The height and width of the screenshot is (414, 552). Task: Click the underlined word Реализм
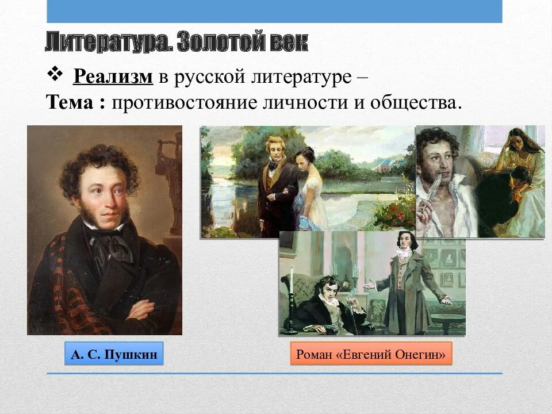point(113,76)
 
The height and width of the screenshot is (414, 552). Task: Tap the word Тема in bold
point(69,103)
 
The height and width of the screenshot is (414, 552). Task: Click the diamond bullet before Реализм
point(56,74)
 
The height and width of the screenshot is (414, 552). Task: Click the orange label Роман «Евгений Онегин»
point(371,355)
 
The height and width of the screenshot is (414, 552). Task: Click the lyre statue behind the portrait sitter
point(170,172)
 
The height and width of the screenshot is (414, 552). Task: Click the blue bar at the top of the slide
point(274,11)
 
